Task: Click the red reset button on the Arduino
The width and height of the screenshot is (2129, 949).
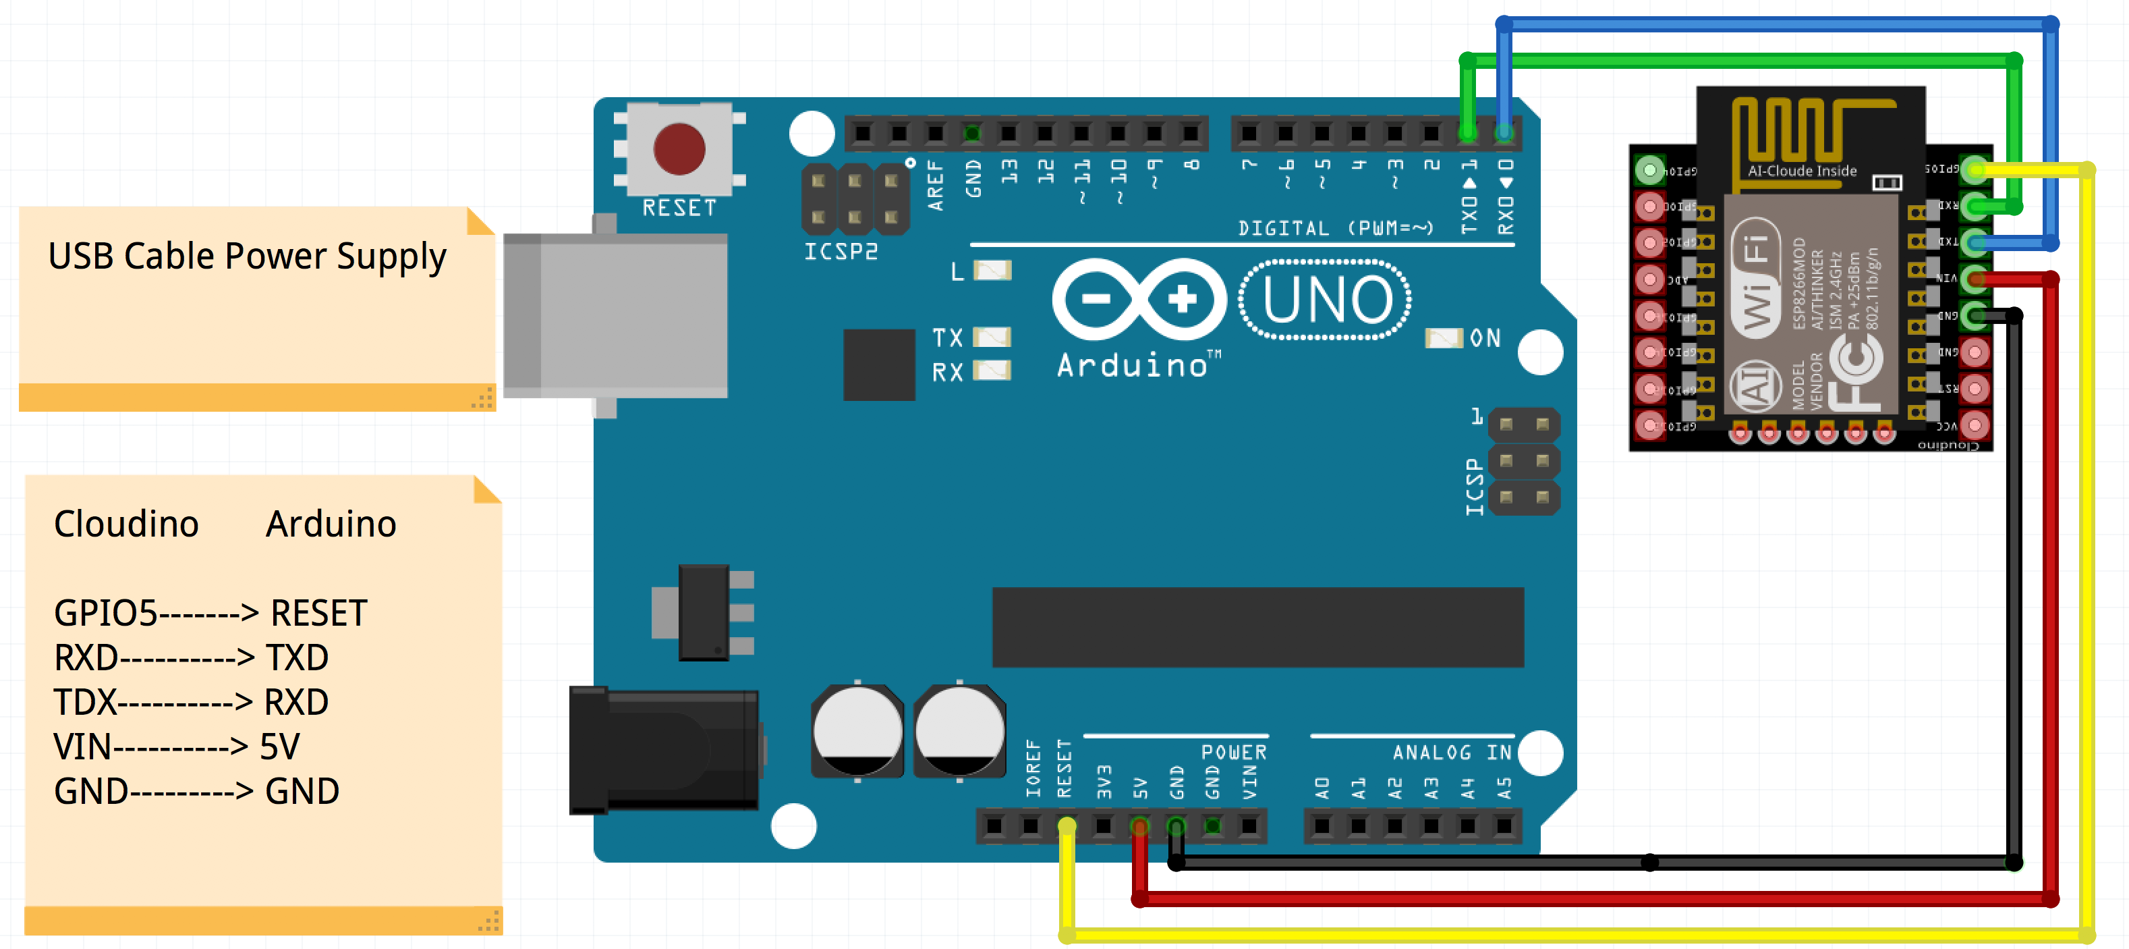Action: tap(679, 148)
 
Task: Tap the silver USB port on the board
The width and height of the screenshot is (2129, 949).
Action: tap(616, 314)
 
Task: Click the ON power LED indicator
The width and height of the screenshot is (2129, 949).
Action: tap(1443, 337)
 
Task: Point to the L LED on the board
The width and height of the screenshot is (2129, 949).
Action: tap(992, 270)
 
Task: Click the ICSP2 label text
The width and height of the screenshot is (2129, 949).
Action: tap(841, 251)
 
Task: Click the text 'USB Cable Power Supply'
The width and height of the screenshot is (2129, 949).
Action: tap(246, 256)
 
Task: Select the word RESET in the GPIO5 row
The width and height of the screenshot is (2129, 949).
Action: tap(318, 614)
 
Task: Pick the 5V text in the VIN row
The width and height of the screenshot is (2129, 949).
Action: tap(279, 747)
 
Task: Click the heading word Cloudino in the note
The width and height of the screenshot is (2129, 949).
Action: tap(125, 524)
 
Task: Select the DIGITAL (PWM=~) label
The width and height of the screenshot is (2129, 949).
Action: tap(1335, 228)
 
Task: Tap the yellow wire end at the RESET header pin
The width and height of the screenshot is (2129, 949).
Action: tap(1067, 825)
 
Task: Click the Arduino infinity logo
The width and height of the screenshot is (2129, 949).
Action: tap(1139, 299)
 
